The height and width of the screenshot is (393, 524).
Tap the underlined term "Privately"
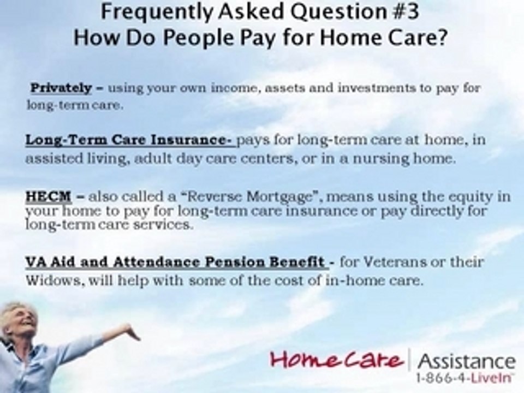[x=61, y=88]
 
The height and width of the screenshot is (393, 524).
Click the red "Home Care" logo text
[x=337, y=361]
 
